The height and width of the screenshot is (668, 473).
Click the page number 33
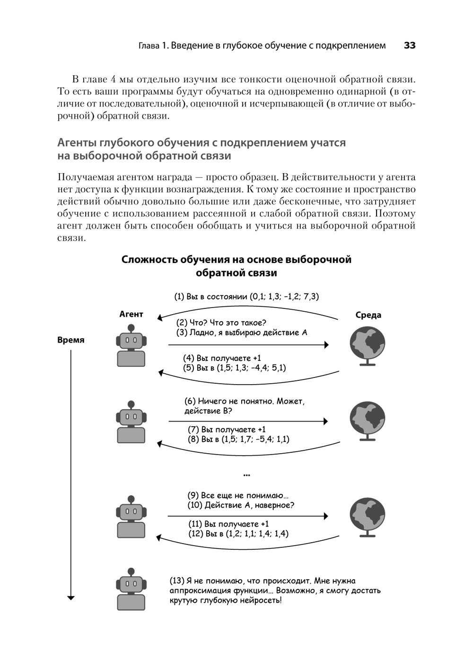click(x=409, y=46)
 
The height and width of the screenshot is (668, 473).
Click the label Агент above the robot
click(x=131, y=314)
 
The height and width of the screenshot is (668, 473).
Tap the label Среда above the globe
click(x=368, y=315)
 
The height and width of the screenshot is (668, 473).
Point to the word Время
click(x=71, y=340)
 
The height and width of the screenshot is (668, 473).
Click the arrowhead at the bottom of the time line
click(x=71, y=598)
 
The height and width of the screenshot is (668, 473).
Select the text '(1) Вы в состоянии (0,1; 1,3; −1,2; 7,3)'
click(x=246, y=297)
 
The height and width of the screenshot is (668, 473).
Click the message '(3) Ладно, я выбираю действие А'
click(x=242, y=333)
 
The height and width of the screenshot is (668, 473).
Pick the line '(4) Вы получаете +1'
click(x=222, y=358)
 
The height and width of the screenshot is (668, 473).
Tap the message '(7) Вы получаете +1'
click(x=227, y=430)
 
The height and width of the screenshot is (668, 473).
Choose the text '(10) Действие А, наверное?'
click(x=241, y=505)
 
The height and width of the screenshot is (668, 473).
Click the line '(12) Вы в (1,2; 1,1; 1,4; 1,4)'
click(x=238, y=534)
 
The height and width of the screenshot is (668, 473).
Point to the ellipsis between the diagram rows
click(x=246, y=474)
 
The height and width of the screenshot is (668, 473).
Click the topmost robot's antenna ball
click(x=131, y=327)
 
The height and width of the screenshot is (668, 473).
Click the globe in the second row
click(x=368, y=419)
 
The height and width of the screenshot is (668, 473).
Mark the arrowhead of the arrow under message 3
click(x=326, y=345)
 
